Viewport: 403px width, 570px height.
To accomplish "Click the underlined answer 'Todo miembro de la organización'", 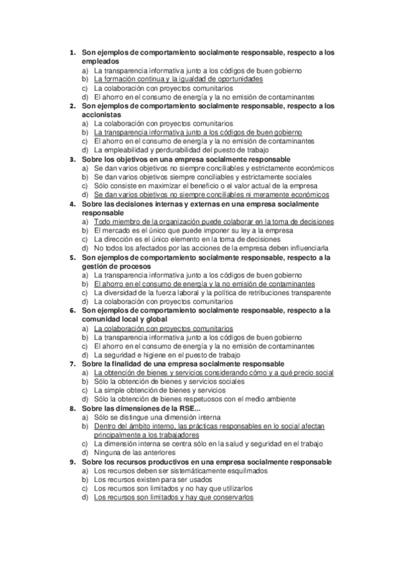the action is [x=213, y=221].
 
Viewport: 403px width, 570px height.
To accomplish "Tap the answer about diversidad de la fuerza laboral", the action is [x=212, y=292].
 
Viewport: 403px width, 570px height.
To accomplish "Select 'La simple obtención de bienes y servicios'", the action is [x=159, y=390].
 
